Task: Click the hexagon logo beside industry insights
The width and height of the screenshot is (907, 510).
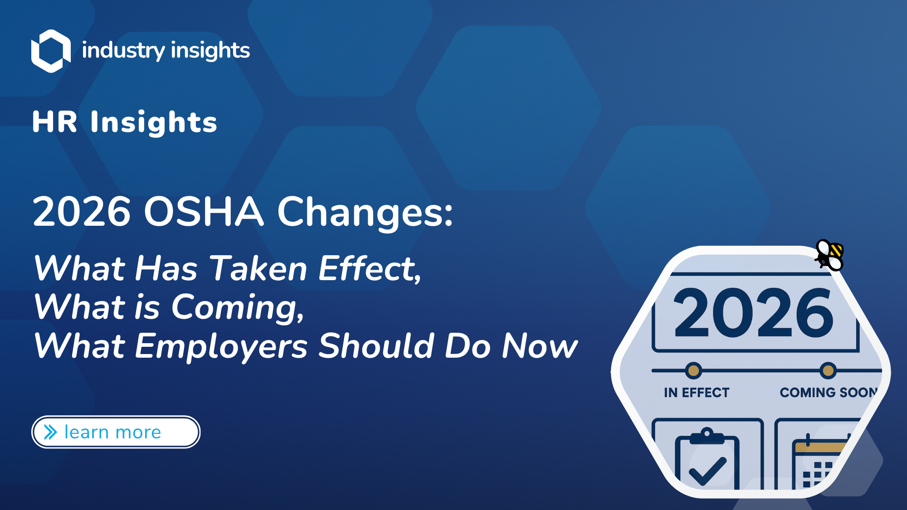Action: (51, 51)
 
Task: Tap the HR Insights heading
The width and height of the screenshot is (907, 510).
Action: (125, 122)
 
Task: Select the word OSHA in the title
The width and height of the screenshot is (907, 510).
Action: (204, 211)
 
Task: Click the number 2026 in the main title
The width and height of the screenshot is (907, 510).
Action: (82, 211)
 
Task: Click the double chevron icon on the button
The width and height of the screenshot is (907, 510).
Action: (50, 432)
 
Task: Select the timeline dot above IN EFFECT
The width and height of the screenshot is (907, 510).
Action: (693, 371)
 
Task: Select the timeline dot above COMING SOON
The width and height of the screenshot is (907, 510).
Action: (828, 371)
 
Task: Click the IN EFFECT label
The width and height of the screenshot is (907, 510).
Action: (697, 393)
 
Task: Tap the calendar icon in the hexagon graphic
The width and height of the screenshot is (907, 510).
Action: (819, 462)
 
